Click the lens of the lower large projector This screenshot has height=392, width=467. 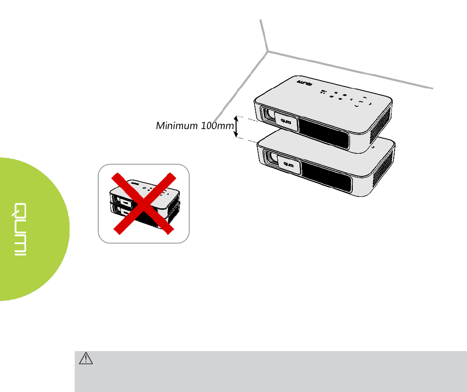click(272, 158)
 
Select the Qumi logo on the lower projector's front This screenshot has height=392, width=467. click(288, 165)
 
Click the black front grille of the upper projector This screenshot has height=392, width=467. click(324, 131)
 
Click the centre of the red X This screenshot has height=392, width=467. click(144, 203)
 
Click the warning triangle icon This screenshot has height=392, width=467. click(86, 359)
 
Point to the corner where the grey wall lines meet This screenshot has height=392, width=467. click(267, 50)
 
